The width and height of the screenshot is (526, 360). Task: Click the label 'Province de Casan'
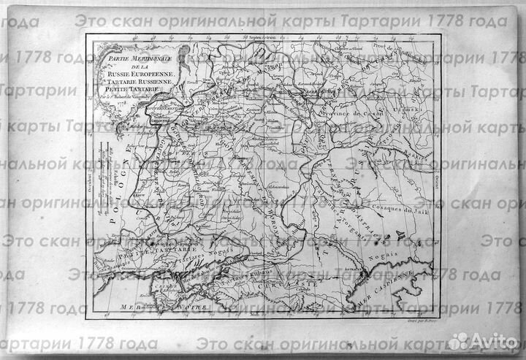point(344,115)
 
